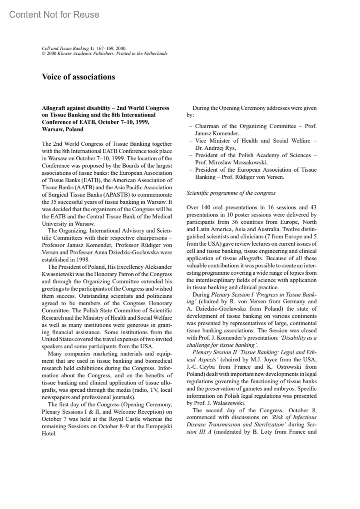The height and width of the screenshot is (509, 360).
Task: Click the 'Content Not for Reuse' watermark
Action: (x=54, y=14)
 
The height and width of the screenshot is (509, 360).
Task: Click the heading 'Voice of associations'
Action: (x=78, y=77)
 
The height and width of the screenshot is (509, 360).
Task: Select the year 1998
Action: (x=82, y=260)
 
